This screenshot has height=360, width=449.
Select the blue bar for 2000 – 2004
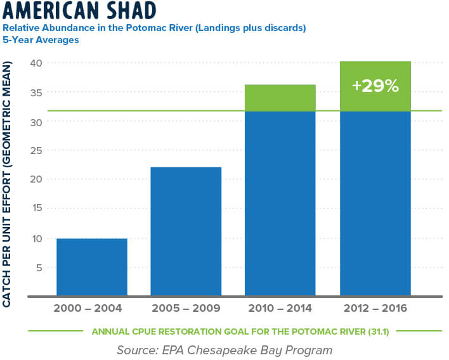(x=91, y=267)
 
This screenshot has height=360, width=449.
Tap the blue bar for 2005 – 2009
(x=186, y=231)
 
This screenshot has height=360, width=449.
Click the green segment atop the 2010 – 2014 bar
(x=280, y=98)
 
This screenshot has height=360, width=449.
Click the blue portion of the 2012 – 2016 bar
(x=375, y=203)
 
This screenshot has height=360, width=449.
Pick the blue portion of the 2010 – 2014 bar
(x=280, y=203)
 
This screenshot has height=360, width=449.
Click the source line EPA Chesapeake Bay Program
(x=224, y=349)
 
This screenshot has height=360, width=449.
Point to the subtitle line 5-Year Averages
(x=40, y=39)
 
